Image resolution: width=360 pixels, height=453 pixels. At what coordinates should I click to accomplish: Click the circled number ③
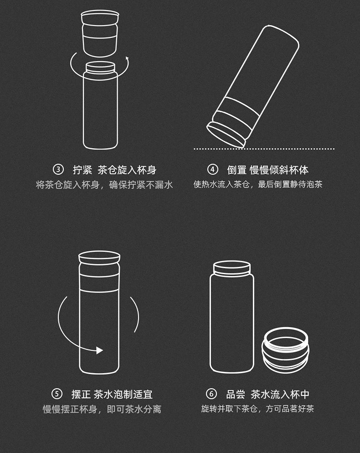click(x=58, y=170)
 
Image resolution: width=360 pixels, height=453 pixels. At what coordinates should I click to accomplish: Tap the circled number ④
click(x=212, y=170)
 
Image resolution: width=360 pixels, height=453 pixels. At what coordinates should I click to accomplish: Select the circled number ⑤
click(x=57, y=394)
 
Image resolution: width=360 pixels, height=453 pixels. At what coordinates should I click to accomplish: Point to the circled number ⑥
click(x=211, y=394)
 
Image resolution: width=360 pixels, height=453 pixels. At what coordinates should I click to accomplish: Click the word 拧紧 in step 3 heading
click(x=82, y=170)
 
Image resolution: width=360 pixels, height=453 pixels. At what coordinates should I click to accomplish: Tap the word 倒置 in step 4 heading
click(x=237, y=170)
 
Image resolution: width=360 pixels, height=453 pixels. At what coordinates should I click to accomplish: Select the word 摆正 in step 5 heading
click(x=81, y=394)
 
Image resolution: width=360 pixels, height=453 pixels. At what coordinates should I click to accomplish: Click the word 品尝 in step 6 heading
click(x=236, y=394)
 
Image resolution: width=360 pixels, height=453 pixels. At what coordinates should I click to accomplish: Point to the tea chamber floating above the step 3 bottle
click(x=100, y=33)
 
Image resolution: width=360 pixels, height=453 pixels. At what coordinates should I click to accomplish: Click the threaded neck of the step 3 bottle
click(x=100, y=68)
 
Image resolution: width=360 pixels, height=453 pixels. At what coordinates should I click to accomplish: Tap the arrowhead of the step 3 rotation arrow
click(x=127, y=59)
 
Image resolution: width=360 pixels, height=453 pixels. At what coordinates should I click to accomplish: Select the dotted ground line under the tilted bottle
click(x=264, y=149)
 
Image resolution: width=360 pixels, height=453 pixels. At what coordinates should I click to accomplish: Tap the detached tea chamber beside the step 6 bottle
click(x=285, y=350)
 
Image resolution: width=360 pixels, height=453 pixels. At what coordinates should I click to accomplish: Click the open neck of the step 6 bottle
click(x=232, y=268)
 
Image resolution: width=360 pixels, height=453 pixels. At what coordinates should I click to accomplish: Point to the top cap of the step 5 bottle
click(x=99, y=258)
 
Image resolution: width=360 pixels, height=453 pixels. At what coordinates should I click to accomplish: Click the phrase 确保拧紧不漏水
click(x=141, y=185)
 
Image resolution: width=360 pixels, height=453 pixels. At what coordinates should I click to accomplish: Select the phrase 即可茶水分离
click(x=134, y=409)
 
